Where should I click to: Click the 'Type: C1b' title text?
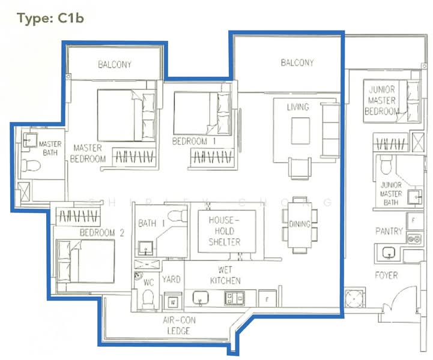[x=50, y=18]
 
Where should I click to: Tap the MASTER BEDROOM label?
[x=88, y=153]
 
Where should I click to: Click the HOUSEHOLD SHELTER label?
[x=225, y=231]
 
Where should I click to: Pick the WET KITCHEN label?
[x=225, y=275]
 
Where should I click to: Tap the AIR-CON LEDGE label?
[x=178, y=326]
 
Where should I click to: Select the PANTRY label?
[x=389, y=231]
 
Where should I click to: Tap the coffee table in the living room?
[x=300, y=131]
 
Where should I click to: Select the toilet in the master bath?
[x=28, y=164]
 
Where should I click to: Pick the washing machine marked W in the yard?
[x=173, y=301]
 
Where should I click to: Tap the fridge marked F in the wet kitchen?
[x=267, y=297]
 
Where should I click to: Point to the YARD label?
[x=172, y=280]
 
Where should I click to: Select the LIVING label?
[x=298, y=107]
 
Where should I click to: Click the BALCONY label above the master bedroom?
[x=115, y=65]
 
